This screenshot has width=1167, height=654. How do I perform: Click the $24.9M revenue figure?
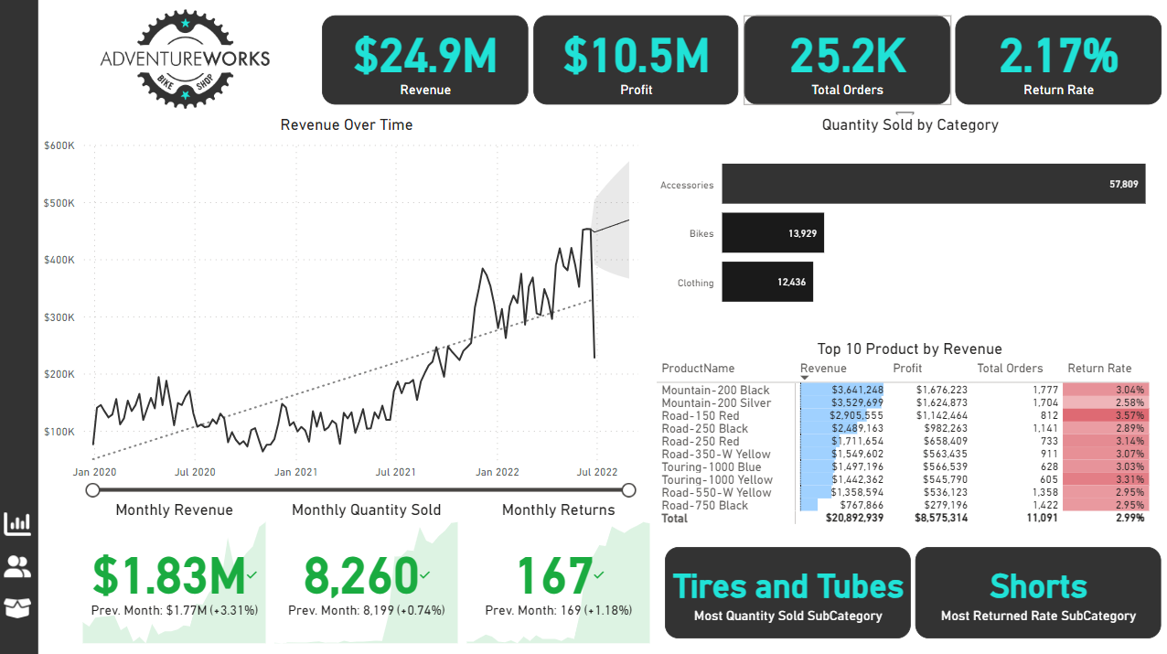[425, 56]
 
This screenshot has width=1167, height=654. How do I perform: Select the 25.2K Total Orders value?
[847, 56]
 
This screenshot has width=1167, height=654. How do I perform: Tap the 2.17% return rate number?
[1058, 56]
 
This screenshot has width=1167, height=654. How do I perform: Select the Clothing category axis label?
[695, 283]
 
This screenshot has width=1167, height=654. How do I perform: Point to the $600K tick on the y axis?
[59, 145]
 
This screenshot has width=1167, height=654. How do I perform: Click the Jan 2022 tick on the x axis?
[497, 472]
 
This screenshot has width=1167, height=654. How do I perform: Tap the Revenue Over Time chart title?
[347, 124]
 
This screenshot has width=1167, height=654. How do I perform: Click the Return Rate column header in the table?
[1099, 369]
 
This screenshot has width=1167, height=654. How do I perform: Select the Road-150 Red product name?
[700, 415]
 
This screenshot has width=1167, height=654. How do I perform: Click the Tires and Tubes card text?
[787, 586]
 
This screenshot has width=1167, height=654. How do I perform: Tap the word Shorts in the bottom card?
[1038, 586]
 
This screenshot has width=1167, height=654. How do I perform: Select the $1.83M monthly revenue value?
[168, 575]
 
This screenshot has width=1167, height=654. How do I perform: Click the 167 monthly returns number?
[554, 575]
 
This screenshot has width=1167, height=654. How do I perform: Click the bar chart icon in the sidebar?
[17, 523]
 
